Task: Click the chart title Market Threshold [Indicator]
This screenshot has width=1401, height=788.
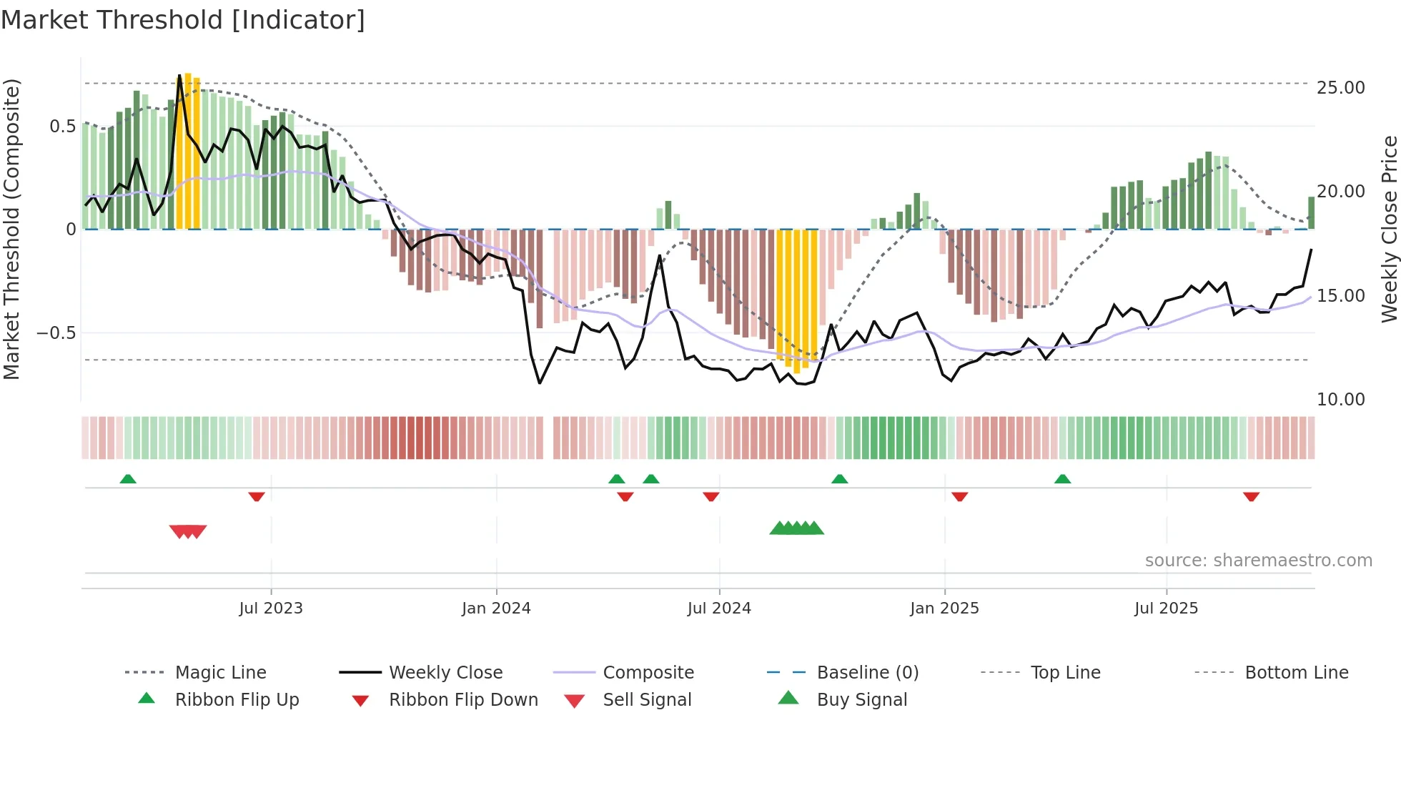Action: [183, 20]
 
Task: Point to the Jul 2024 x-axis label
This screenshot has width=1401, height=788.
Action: [719, 608]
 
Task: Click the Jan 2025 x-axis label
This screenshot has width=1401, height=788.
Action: [944, 608]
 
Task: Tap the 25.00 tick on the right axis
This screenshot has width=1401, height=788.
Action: [1340, 87]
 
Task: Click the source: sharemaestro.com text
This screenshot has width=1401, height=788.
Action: [1258, 560]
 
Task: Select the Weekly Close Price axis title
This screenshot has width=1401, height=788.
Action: [1389, 229]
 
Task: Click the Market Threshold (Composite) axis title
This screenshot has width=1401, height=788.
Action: [11, 229]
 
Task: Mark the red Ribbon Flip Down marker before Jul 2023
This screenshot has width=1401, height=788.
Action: [257, 496]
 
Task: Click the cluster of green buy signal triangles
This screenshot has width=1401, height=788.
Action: [796, 528]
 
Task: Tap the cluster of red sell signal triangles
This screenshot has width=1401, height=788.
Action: [188, 531]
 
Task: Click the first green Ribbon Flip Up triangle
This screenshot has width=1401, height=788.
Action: [128, 478]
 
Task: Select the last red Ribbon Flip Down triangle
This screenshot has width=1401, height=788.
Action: [1251, 496]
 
